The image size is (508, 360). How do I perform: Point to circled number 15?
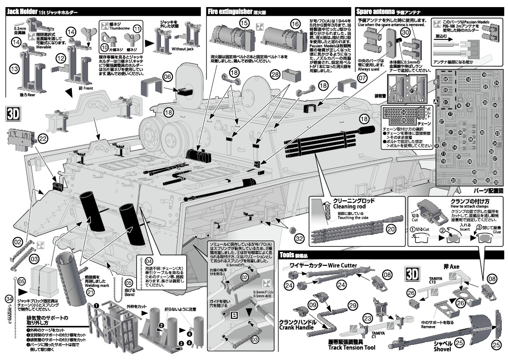[x=244, y=22]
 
